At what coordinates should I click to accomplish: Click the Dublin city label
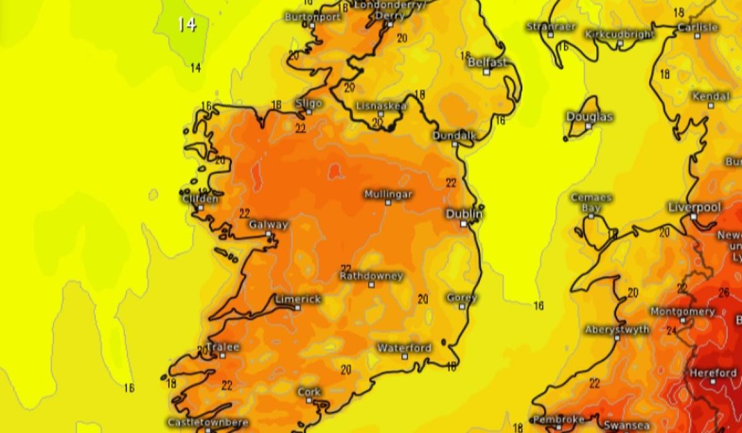[464, 214]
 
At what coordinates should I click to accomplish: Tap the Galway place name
[268, 225]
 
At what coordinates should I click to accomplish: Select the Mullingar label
[388, 194]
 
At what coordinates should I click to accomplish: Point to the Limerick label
[298, 299]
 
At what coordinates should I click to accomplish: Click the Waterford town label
[404, 348]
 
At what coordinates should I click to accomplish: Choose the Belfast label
[487, 62]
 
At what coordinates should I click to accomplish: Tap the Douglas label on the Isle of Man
[589, 117]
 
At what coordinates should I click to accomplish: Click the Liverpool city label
[694, 207]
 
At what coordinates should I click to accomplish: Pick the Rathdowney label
[372, 276]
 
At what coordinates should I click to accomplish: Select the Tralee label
[223, 347]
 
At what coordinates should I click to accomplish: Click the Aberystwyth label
[617, 330]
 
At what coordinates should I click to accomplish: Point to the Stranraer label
[551, 27]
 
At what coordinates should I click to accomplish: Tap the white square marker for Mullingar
[388, 202]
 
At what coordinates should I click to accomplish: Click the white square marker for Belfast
[487, 72]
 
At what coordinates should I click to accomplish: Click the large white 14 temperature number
[187, 25]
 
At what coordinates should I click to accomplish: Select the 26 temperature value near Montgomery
[724, 293]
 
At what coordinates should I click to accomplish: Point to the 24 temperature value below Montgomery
[671, 331]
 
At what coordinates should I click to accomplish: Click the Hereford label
[713, 373]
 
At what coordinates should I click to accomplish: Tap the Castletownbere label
[208, 422]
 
